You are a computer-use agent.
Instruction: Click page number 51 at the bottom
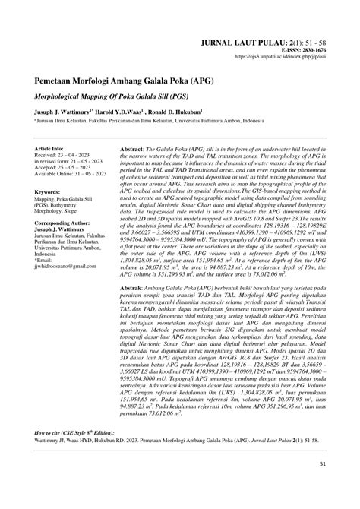(322, 484)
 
